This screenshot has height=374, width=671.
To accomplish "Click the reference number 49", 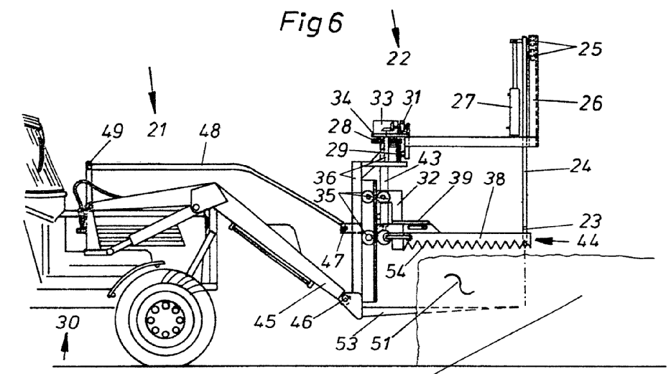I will pos(112,131).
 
